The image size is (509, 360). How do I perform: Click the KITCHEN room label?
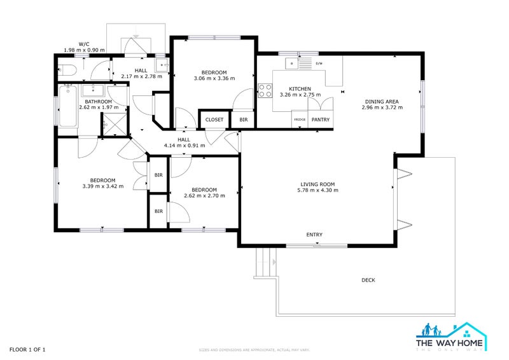pyautogui.click(x=300, y=88)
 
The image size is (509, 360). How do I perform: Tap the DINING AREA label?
pyautogui.click(x=382, y=101)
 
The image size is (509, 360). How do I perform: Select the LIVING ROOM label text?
pyautogui.click(x=319, y=184)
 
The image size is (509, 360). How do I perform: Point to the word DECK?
pyautogui.click(x=368, y=280)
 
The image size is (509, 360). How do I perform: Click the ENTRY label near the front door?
pyautogui.click(x=314, y=235)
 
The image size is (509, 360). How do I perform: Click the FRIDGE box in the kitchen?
pyautogui.click(x=299, y=120)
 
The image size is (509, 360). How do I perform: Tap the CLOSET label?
pyautogui.click(x=214, y=120)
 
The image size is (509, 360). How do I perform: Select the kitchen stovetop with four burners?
pyautogui.click(x=265, y=91)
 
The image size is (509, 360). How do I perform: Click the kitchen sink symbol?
pyautogui.click(x=293, y=63)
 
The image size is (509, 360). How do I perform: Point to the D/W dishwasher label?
pyautogui.click(x=319, y=63)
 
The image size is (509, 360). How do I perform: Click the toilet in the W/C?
pyautogui.click(x=67, y=69)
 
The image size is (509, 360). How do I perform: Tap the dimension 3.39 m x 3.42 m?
pyautogui.click(x=102, y=186)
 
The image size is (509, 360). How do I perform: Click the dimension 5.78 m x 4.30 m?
pyautogui.click(x=319, y=190)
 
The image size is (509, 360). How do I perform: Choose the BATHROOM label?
pyautogui.click(x=99, y=101)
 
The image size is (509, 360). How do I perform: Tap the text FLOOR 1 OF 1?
pyautogui.click(x=27, y=349)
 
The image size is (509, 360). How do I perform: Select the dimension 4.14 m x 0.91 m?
pyautogui.click(x=184, y=146)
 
